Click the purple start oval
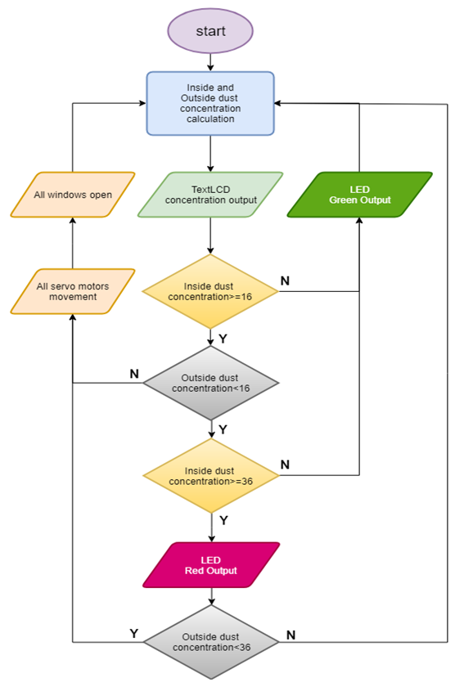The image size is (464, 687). click(210, 30)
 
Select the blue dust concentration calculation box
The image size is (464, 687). click(210, 103)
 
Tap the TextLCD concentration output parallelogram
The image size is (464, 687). click(211, 195)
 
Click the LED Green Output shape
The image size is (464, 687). click(359, 195)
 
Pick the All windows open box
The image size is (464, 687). click(73, 195)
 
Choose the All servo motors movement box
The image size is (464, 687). click(73, 291)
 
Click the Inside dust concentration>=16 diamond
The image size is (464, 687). click(211, 291)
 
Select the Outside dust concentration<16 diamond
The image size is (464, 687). click(211, 382)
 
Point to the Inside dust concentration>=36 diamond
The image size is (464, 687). click(211, 475)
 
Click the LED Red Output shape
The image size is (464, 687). click(211, 565)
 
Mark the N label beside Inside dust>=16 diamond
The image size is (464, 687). click(285, 281)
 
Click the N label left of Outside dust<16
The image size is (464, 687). click(134, 373)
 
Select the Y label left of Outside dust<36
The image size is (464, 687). click(134, 633)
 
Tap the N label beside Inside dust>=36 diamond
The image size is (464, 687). click(285, 465)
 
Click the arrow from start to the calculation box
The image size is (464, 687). click(210, 61)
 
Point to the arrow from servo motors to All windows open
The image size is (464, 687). click(73, 243)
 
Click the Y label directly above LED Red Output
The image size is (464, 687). click(223, 520)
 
